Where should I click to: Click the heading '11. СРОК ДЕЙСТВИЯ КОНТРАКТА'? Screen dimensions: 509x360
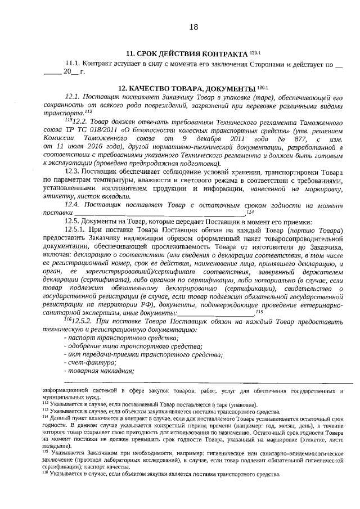(x=186, y=54)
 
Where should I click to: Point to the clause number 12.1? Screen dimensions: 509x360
(x=74, y=97)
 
